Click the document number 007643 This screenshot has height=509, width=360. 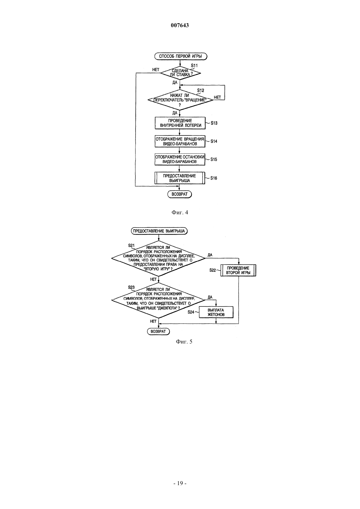[180, 25]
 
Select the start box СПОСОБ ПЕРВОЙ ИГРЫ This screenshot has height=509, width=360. [181, 56]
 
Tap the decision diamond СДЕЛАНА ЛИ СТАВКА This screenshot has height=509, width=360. [181, 73]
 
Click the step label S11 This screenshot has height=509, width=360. [194, 65]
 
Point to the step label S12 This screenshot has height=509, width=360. [200, 90]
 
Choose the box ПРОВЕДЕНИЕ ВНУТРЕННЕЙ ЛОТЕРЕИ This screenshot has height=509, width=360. [180, 123]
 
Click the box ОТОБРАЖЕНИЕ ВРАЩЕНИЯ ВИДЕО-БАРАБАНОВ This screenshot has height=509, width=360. [180, 141]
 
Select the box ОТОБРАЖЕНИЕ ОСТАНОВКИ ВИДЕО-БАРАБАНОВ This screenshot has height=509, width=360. [180, 159]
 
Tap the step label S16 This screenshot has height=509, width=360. [214, 178]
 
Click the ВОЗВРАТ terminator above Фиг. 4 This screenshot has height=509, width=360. [180, 194]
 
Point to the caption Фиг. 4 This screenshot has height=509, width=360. [180, 212]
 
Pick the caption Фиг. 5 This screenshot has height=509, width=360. [184, 342]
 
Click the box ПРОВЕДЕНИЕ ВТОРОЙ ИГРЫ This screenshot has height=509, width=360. [238, 271]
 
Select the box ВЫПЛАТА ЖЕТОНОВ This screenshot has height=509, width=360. [216, 312]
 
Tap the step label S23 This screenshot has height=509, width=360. [131, 287]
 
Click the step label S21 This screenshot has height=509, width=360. [131, 245]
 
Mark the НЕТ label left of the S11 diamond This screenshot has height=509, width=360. [156, 70]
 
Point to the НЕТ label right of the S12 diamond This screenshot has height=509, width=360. [217, 97]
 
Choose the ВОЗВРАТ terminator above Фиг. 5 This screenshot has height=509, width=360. [158, 331]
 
